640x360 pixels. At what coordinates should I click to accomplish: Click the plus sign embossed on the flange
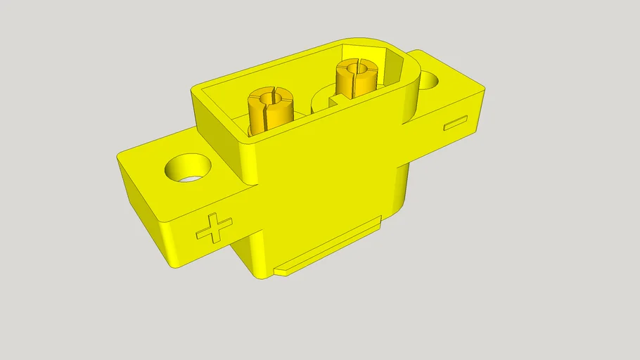[215, 229]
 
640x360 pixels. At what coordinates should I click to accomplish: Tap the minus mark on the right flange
[455, 123]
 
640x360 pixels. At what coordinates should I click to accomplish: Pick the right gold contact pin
[357, 77]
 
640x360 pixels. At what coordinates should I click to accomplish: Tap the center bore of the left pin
[271, 96]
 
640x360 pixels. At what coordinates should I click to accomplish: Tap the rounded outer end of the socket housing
[411, 91]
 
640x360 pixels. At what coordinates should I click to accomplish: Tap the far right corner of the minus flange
[486, 87]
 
